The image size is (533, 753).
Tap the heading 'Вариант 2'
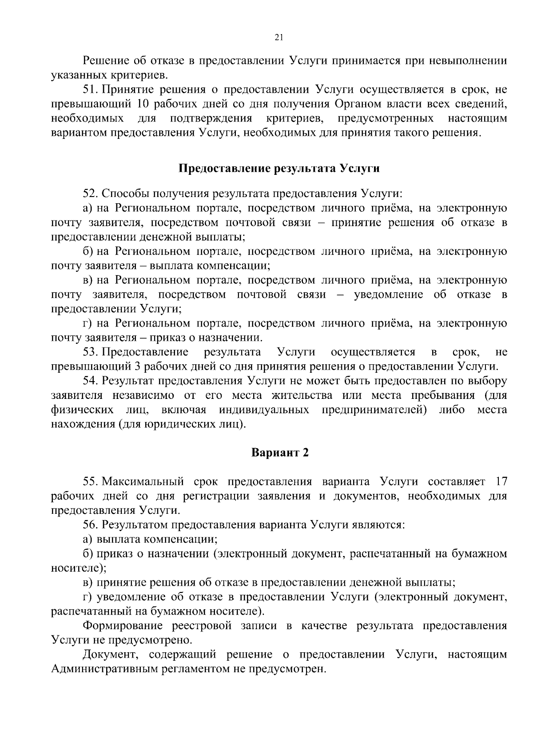tap(280, 453)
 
